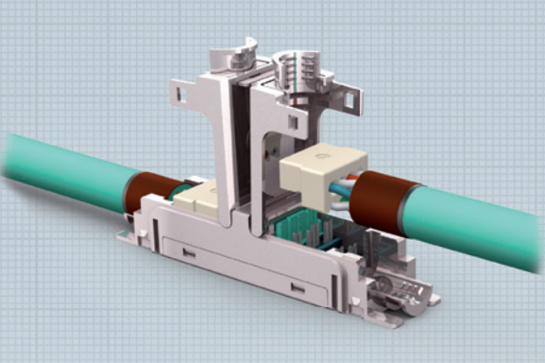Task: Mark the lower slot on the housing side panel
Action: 298,286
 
